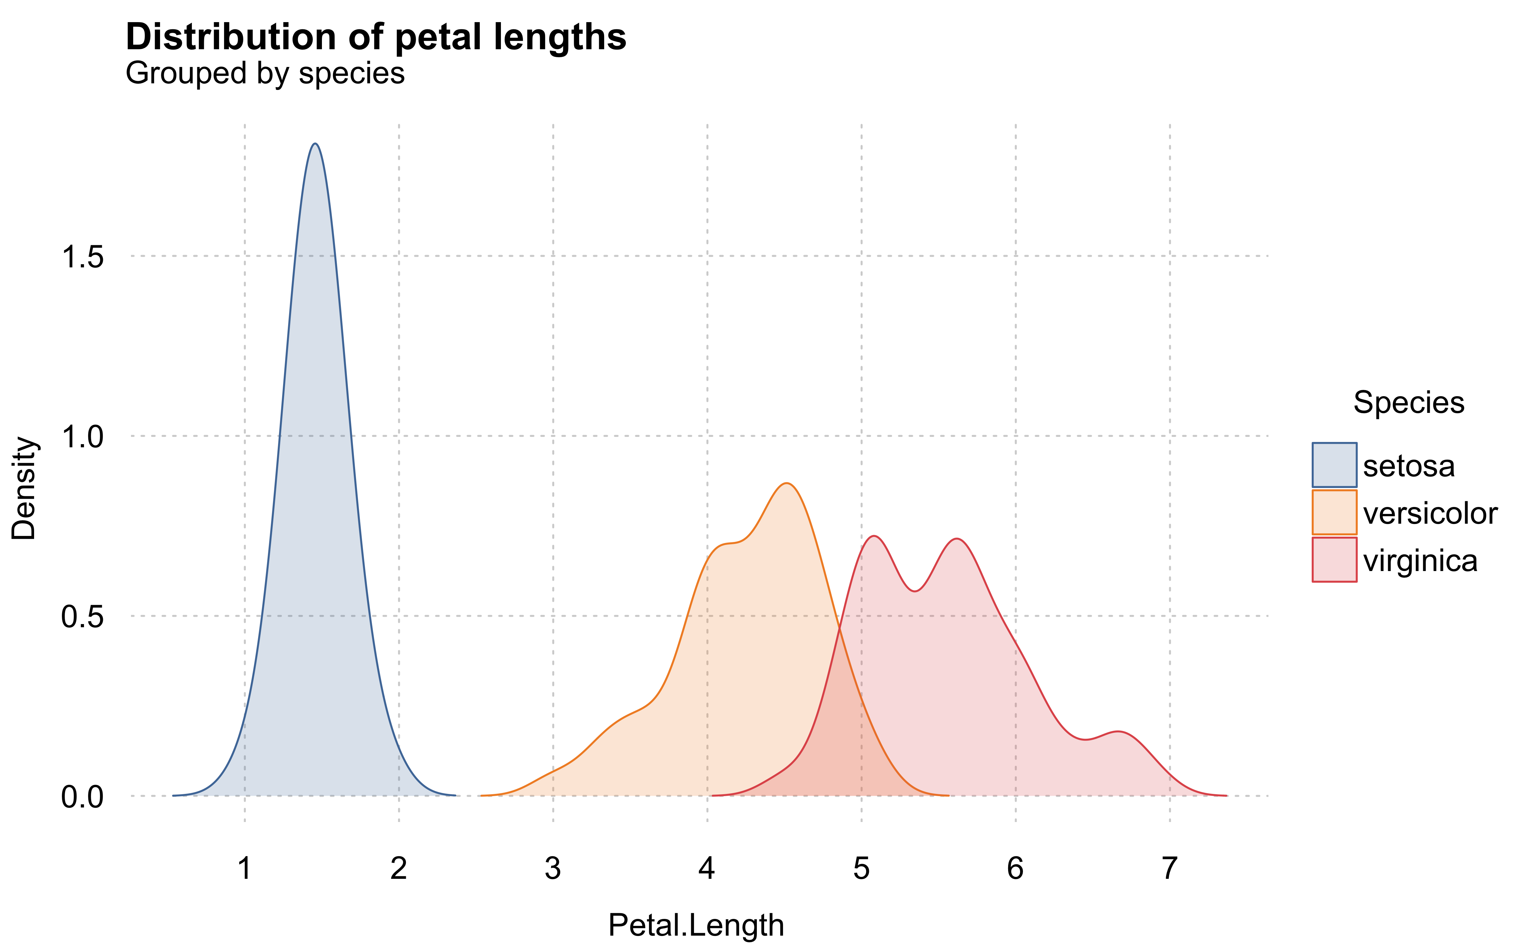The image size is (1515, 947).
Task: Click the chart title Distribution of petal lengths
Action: click(x=376, y=37)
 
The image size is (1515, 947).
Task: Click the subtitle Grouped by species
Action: click(x=265, y=73)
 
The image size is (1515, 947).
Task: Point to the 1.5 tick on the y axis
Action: click(x=82, y=257)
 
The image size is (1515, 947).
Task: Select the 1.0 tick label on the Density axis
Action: click(x=82, y=437)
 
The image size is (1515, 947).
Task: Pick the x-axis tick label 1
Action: click(x=245, y=868)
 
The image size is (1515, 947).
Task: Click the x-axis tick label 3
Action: click(x=553, y=868)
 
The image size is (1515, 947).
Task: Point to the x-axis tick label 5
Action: click(x=861, y=868)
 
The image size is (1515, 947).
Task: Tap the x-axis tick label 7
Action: click(x=1169, y=868)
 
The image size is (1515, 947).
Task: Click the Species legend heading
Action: click(x=1409, y=402)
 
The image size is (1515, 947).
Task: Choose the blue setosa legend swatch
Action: click(x=1334, y=465)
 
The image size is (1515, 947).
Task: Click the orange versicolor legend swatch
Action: click(x=1334, y=512)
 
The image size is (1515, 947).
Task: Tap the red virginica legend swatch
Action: click(x=1334, y=559)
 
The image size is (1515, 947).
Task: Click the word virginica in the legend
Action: click(x=1420, y=561)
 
